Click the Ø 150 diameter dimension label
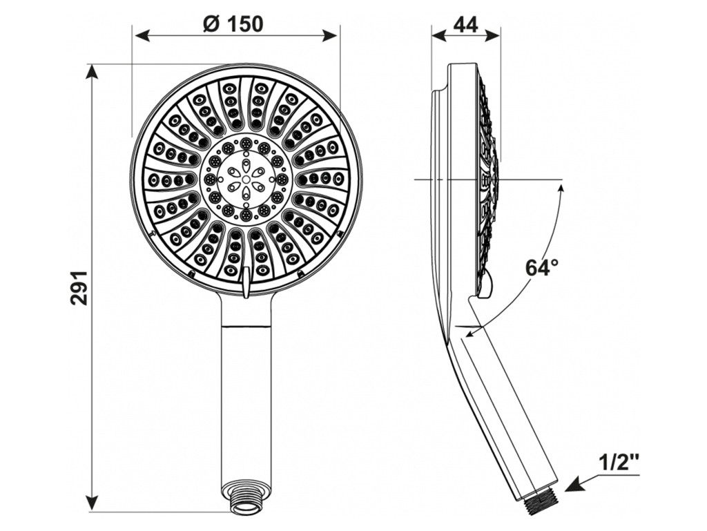[233, 23]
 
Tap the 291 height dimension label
[79, 288]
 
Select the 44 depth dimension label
[465, 24]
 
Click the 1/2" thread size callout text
[619, 464]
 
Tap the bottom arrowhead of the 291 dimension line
[93, 503]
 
